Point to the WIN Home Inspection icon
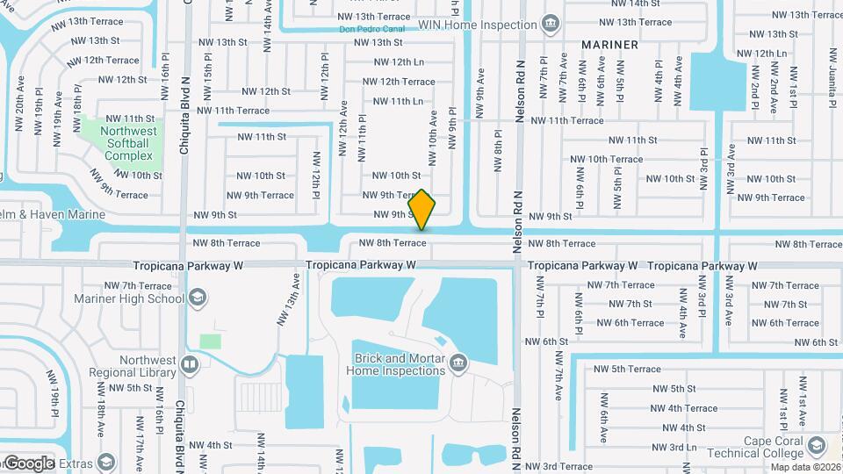(550, 23)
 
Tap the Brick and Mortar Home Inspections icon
(458, 363)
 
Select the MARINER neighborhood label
(609, 44)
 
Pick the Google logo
(28, 463)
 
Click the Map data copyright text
(804, 467)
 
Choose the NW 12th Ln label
(399, 62)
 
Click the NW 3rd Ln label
(678, 447)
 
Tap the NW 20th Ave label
(18, 104)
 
